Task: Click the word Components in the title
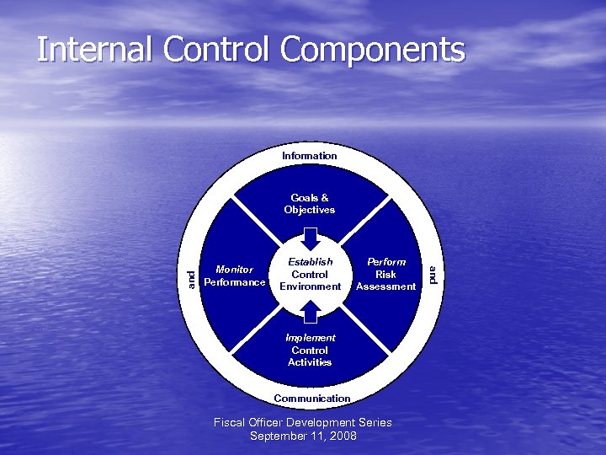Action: [372, 50]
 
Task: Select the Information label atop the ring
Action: [310, 156]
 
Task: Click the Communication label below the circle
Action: [312, 398]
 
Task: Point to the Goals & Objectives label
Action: [310, 204]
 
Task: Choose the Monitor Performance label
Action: [235, 276]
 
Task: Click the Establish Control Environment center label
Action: [310, 274]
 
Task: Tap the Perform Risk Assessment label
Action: [386, 274]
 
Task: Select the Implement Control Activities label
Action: [310, 350]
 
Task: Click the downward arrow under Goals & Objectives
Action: [310, 236]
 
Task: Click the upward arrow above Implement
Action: [310, 312]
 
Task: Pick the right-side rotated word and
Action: [431, 275]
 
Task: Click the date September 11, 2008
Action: [303, 436]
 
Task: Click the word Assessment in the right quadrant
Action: [386, 286]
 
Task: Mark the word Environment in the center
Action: [310, 286]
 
